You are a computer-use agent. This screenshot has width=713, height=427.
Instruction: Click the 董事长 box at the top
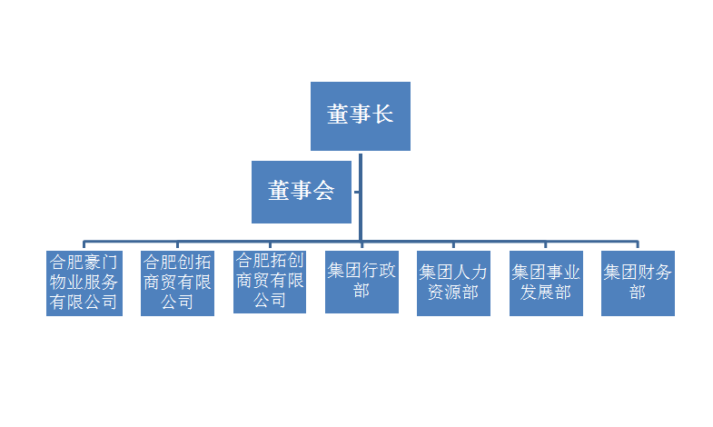(361, 116)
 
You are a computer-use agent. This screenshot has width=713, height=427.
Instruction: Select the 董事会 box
(302, 192)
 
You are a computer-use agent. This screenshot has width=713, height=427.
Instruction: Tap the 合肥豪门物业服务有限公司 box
(84, 283)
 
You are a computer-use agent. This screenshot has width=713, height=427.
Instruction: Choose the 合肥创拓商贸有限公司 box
(177, 283)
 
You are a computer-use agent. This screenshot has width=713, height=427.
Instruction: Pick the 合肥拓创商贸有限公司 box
(270, 282)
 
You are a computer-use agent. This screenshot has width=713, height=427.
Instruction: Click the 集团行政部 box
(362, 282)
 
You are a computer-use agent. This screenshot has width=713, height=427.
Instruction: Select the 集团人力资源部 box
(453, 283)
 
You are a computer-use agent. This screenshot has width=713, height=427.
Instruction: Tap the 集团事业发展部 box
(546, 283)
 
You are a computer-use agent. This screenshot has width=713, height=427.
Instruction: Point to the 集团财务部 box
(638, 283)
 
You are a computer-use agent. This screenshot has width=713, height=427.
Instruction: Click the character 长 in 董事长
(383, 114)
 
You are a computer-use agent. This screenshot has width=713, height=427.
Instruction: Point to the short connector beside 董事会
(356, 192)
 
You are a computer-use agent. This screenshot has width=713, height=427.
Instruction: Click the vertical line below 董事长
(361, 197)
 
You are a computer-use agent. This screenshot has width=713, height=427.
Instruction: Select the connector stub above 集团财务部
(638, 244)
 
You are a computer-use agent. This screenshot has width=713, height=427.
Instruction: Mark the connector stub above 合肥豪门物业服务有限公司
(84, 244)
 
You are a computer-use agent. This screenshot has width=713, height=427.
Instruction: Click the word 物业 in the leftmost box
(67, 283)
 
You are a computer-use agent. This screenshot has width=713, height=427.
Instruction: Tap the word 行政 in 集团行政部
(379, 271)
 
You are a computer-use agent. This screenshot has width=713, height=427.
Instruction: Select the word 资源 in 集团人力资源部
(445, 293)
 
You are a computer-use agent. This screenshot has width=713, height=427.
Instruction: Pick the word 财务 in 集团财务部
(655, 273)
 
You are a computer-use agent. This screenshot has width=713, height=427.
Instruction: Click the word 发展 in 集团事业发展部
(537, 293)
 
